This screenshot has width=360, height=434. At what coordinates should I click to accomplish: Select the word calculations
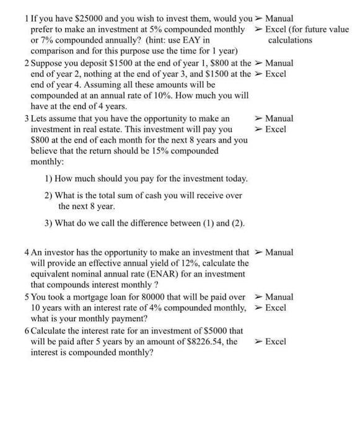pos(290,41)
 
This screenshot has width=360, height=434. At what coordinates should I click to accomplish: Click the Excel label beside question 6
pos(275,342)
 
